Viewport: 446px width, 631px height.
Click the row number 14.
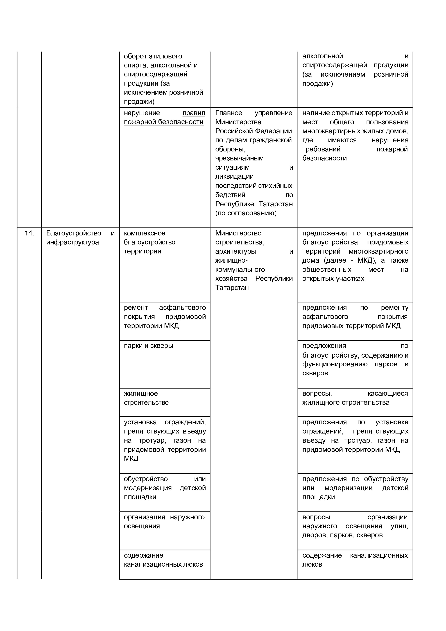(x=29, y=233)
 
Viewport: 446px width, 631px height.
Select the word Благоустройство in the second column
(x=73, y=233)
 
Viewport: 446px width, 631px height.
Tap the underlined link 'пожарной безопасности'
(x=164, y=122)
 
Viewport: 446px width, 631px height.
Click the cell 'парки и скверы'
(x=148, y=346)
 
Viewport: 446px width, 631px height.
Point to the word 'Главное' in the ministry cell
(x=229, y=113)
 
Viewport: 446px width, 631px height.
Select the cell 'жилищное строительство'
(x=146, y=398)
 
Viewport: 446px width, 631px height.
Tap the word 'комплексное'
(x=144, y=233)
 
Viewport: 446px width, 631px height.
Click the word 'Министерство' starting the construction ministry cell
(x=238, y=233)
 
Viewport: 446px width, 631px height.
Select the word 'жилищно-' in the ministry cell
(x=231, y=260)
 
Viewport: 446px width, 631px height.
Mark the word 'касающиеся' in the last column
(x=388, y=394)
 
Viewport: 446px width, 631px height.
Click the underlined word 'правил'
(x=194, y=113)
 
